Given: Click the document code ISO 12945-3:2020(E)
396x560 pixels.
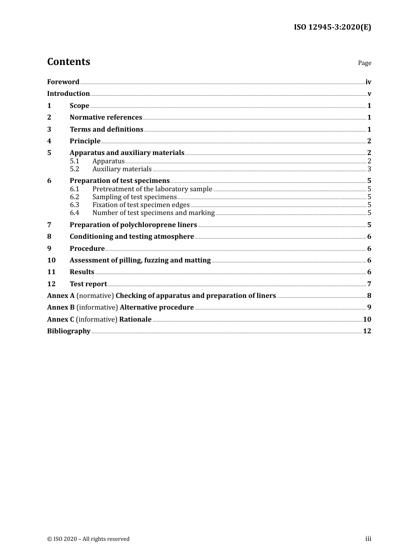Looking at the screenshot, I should tap(332, 27).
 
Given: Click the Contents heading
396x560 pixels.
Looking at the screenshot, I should tap(68, 62).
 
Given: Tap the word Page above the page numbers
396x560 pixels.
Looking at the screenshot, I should tap(364, 63).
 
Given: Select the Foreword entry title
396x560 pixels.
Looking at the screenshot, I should tap(63, 82).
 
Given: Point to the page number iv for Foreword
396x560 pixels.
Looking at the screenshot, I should tap(368, 82).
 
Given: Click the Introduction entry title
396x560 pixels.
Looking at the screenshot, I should tap(68, 94).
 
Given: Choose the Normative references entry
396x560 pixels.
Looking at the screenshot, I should tap(106, 117).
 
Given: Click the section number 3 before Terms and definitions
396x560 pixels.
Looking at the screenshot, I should tap(49, 130).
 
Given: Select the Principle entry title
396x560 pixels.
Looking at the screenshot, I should tap(85, 141).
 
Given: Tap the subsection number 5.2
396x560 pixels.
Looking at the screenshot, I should tap(75, 169).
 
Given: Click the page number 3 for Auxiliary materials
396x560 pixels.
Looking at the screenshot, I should tap(369, 169).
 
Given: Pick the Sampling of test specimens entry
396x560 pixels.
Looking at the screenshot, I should tap(134, 197).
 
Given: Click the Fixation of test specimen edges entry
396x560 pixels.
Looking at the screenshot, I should tap(141, 205).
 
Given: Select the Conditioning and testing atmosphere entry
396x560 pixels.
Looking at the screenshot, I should tap(132, 237).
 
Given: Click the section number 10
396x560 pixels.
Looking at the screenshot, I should tap(51, 260).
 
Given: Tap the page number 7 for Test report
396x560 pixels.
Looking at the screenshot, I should tap(369, 284).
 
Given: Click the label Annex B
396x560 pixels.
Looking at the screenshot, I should tap(61, 307).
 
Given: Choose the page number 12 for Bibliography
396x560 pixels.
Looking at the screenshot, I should tap(367, 331).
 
